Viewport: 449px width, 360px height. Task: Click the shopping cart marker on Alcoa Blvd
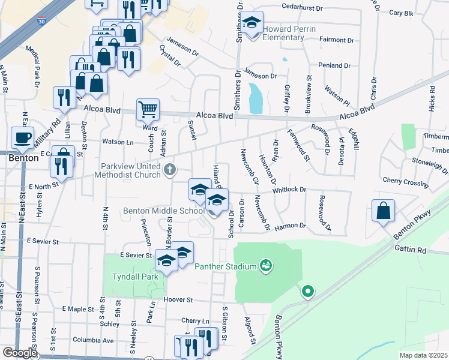(x=148, y=110)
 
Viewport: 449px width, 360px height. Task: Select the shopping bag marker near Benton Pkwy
(x=383, y=211)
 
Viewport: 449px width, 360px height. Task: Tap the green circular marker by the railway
(x=308, y=292)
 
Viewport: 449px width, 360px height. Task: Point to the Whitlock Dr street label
(x=289, y=190)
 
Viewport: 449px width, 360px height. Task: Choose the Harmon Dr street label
(x=291, y=226)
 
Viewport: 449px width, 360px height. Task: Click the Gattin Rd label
(x=410, y=248)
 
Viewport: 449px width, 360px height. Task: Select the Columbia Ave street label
(x=94, y=340)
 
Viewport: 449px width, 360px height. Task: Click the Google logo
(x=20, y=353)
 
